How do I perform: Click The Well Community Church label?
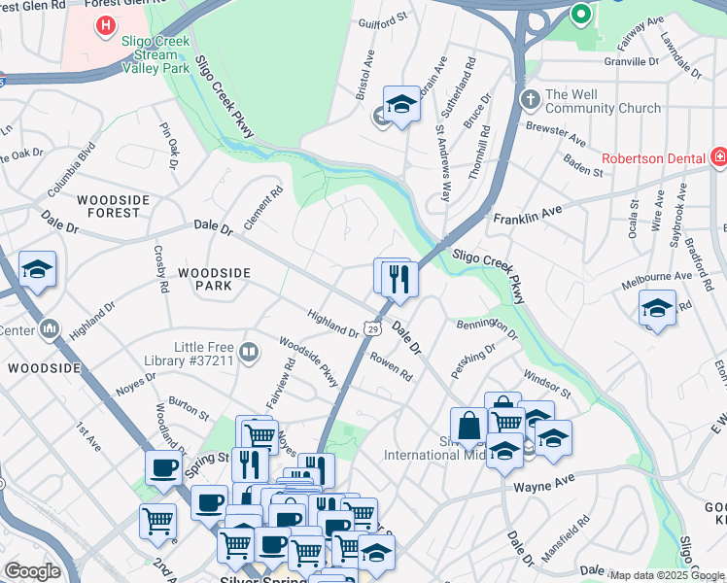[x=603, y=101]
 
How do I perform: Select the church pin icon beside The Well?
[x=530, y=100]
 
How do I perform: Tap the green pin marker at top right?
[x=581, y=15]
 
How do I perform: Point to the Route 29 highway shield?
[x=372, y=330]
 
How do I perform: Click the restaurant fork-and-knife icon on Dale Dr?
[x=400, y=279]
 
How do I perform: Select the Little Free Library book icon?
[x=250, y=353]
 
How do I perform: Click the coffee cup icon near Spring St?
[x=162, y=468]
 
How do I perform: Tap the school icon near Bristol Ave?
[x=400, y=104]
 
